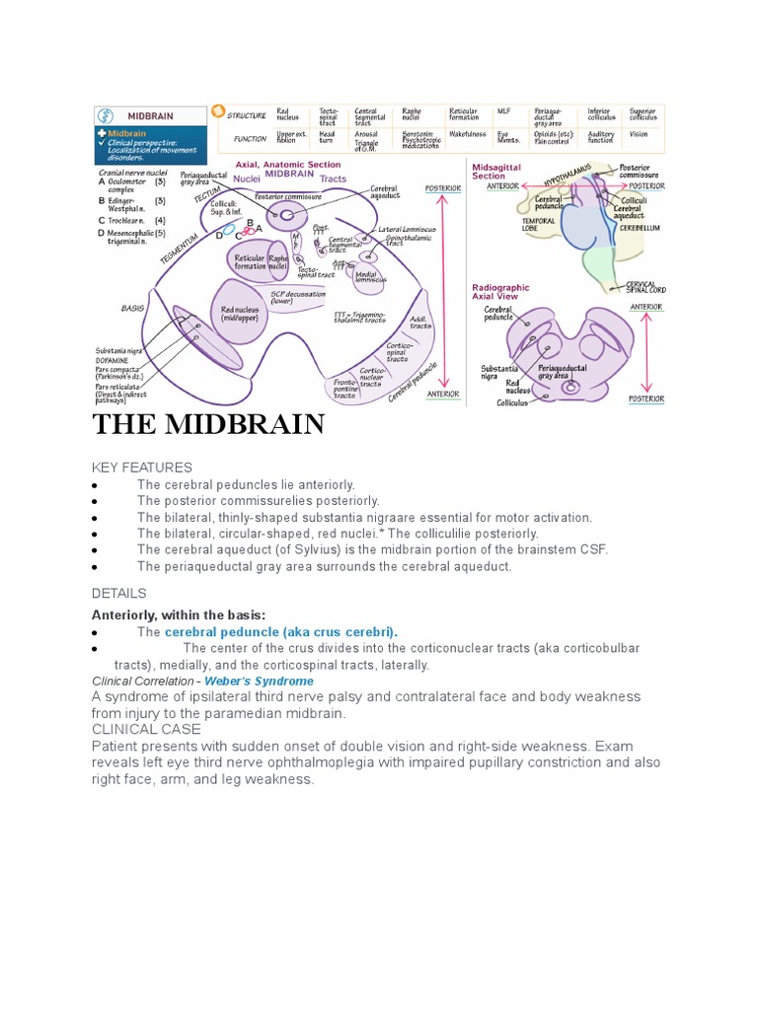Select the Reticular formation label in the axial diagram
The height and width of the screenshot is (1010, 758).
249,261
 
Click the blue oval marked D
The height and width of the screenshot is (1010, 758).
228,232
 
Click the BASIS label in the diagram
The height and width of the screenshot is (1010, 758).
133,308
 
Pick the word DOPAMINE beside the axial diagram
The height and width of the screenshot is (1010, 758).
116,362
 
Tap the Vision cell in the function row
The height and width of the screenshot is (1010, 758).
640,133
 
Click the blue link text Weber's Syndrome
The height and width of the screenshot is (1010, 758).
259,681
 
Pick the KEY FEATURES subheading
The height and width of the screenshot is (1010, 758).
141,467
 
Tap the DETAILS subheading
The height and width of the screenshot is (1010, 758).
118,593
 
